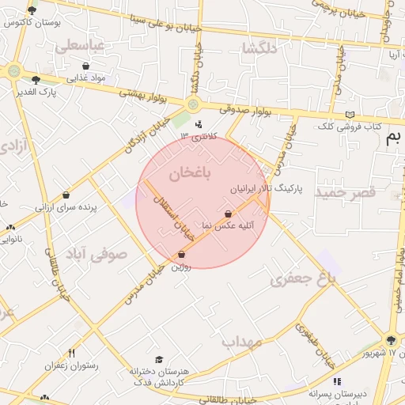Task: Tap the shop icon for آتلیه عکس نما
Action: tap(229, 214)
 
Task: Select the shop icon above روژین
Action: tap(183, 255)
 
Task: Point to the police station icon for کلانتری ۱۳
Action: tap(198, 123)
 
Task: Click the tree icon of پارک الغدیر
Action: tap(36, 79)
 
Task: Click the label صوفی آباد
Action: tap(97, 254)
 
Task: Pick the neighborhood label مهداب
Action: tap(241, 342)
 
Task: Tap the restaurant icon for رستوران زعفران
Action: tap(72, 353)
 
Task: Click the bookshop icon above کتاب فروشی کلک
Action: tap(350, 115)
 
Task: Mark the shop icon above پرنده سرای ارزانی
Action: tap(66, 195)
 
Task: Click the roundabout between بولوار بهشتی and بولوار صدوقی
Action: tap(193, 104)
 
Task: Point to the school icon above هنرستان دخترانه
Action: tap(158, 360)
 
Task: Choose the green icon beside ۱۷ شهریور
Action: tap(391, 340)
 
